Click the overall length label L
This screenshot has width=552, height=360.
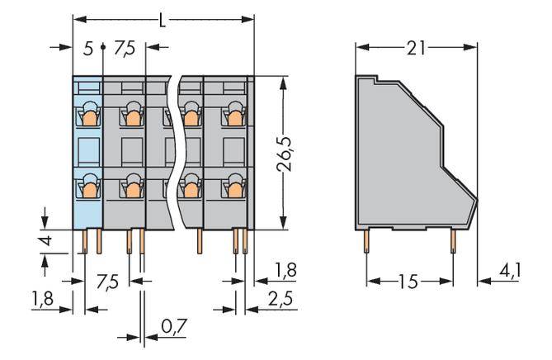coord(163,17)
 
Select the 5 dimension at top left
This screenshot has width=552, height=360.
coord(88,49)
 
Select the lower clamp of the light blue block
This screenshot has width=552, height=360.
coord(87,189)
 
